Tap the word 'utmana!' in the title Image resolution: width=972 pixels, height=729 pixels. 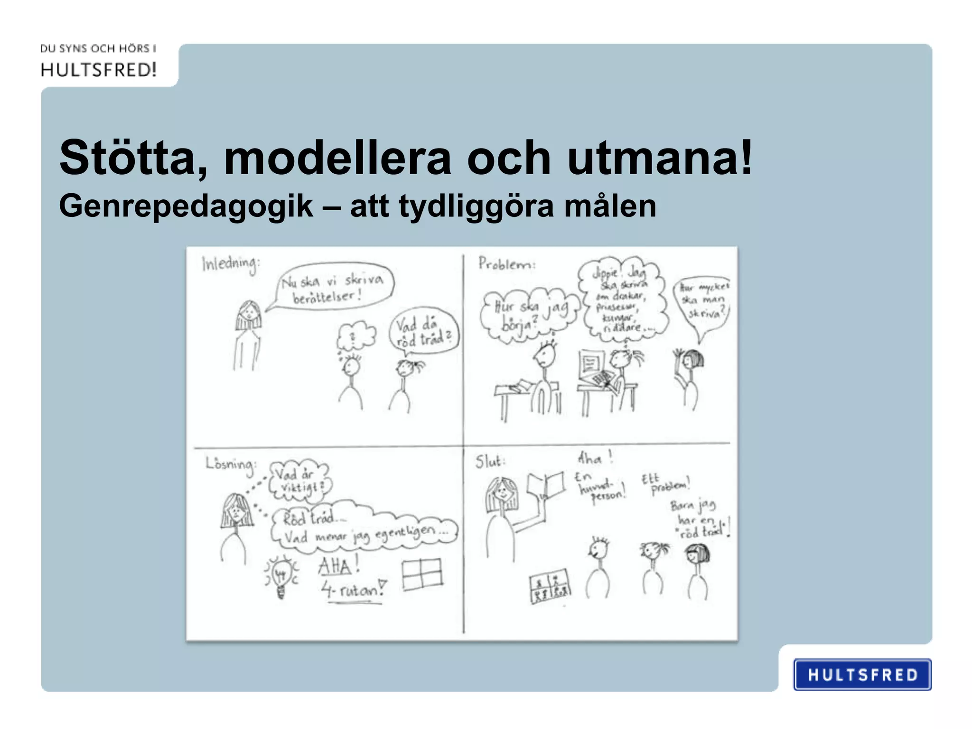[660, 158]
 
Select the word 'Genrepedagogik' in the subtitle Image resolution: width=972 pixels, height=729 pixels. [186, 206]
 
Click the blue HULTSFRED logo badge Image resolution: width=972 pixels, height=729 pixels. [862, 674]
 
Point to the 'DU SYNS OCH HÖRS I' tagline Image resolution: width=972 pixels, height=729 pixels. [98, 48]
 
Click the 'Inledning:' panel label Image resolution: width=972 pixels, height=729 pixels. [231, 264]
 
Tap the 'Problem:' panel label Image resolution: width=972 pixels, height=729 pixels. [506, 264]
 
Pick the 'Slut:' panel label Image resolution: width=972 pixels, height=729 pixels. [490, 461]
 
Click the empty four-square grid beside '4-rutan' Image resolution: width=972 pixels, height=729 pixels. [422, 574]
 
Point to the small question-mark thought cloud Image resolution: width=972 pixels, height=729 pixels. [355, 336]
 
